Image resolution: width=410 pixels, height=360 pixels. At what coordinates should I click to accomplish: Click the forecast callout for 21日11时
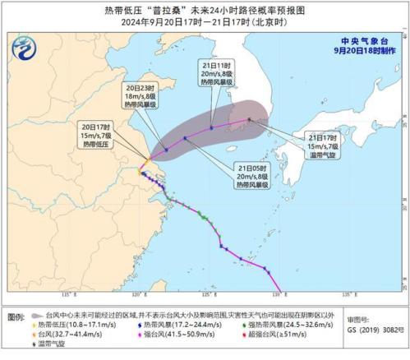[x=218, y=76]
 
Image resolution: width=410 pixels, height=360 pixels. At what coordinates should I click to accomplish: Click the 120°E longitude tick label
[x=140, y=294]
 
